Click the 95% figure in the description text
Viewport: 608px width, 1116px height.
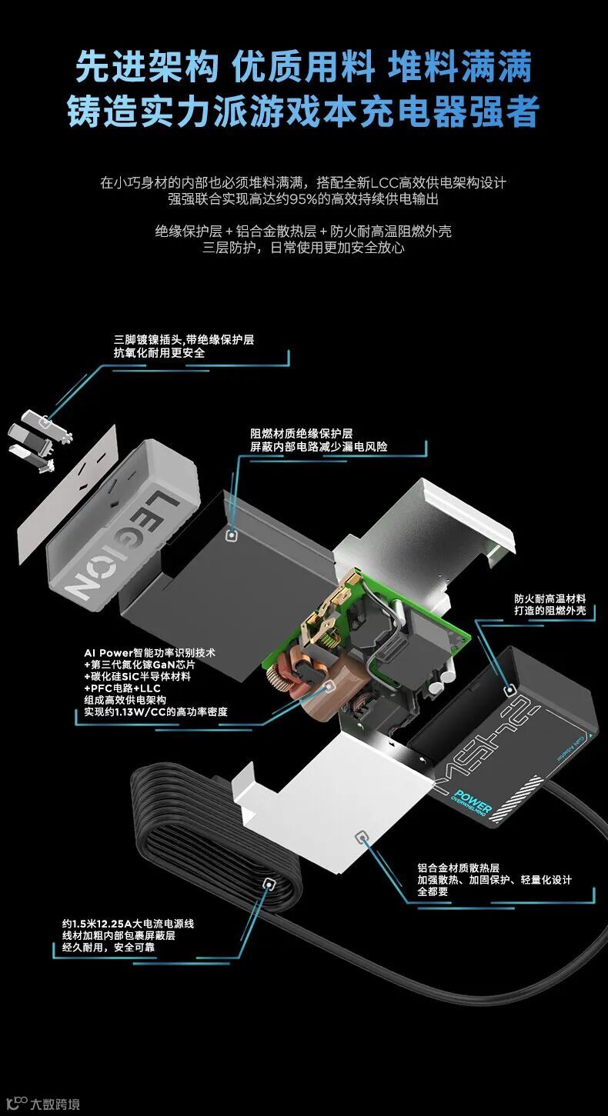pyautogui.click(x=303, y=199)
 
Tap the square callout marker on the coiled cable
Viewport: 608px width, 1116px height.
pyautogui.click(x=269, y=885)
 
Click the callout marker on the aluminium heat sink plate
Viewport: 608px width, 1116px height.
pyautogui.click(x=361, y=837)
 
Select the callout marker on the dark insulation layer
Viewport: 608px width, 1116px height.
pyautogui.click(x=232, y=535)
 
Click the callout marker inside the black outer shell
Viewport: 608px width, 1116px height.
pyautogui.click(x=509, y=690)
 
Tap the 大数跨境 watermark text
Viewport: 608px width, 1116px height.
pyautogui.click(x=55, y=1104)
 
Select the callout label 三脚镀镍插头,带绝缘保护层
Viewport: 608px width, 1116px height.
pyautogui.click(x=183, y=340)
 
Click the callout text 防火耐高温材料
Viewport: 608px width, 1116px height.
pyautogui.click(x=550, y=598)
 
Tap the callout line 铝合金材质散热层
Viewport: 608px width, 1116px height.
pyautogui.click(x=459, y=868)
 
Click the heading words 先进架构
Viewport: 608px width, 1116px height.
pyautogui.click(x=147, y=66)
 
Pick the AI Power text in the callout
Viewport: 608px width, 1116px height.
pyautogui.click(x=109, y=653)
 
